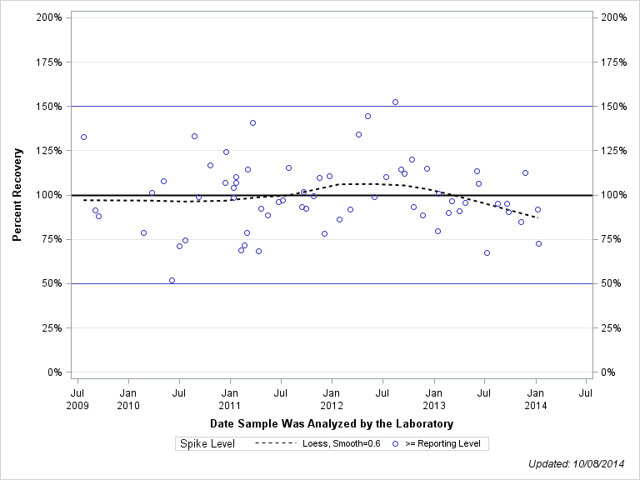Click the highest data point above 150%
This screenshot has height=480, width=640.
395,102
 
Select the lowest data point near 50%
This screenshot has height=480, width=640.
172,280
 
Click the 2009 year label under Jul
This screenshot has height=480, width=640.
77,405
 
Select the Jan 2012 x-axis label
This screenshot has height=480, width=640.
332,398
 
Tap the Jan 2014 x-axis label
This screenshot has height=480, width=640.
536,398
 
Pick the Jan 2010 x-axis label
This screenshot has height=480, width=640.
128,398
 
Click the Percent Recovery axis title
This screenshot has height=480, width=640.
17,194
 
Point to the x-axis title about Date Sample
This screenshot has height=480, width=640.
332,424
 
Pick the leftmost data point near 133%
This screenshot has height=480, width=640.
83,137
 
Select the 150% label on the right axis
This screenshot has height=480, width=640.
614,107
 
